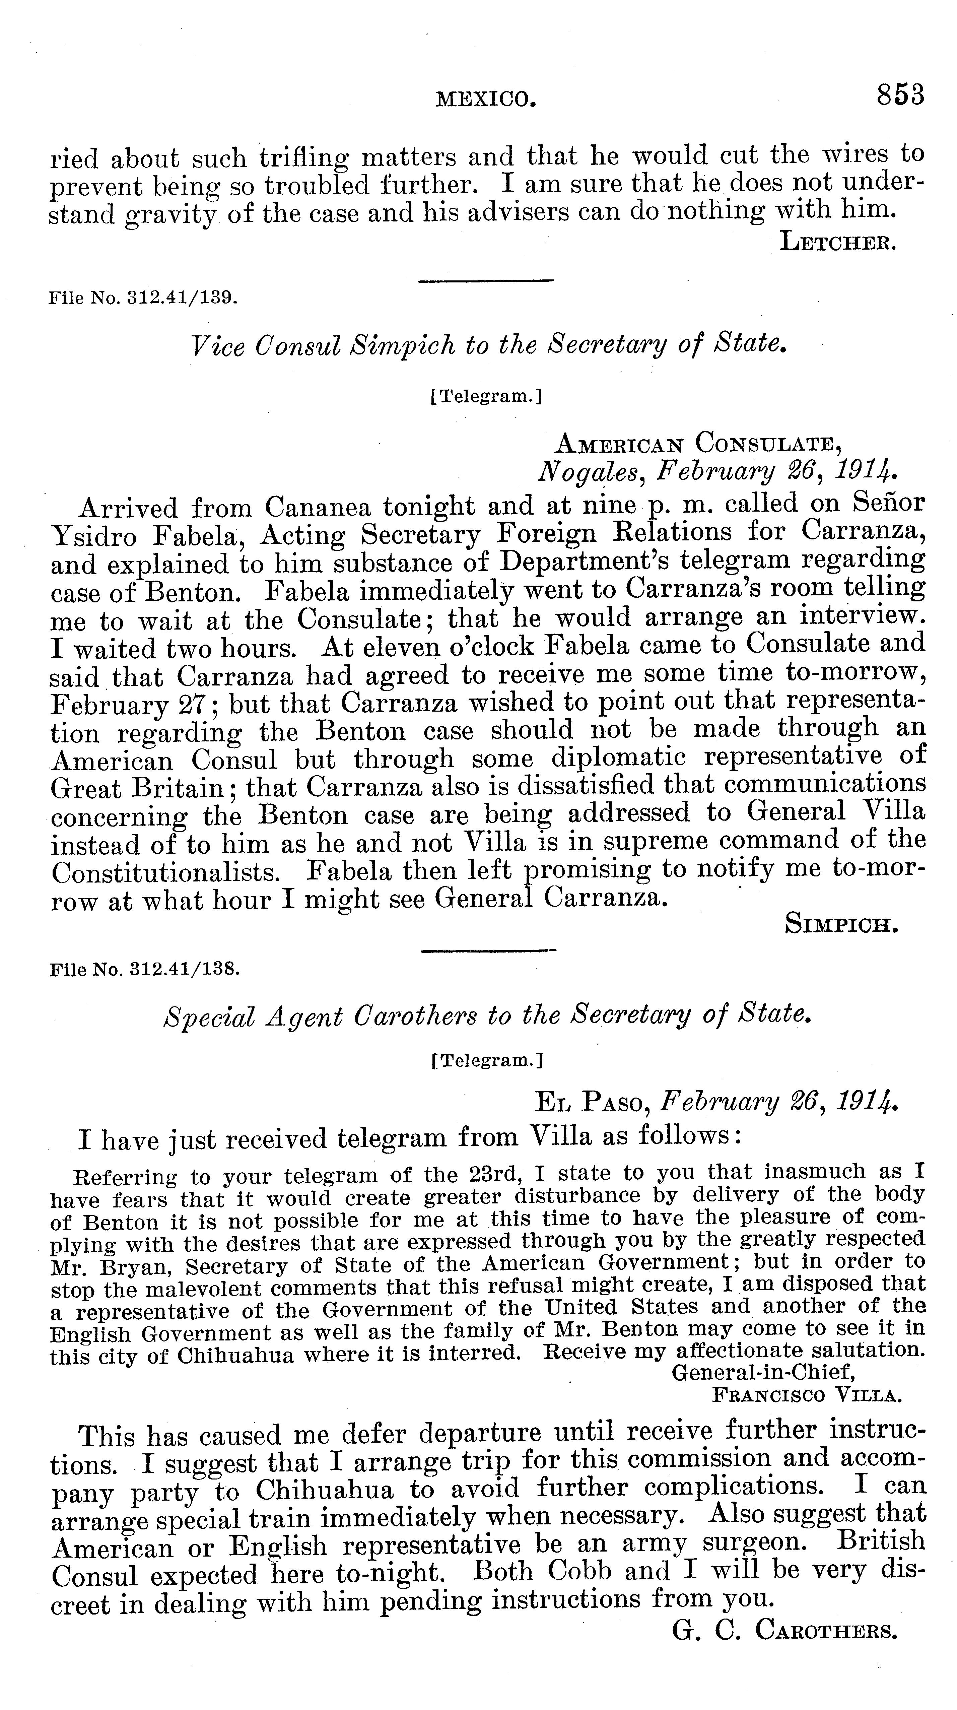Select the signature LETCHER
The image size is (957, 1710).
839,242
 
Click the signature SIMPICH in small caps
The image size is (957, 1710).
841,924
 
